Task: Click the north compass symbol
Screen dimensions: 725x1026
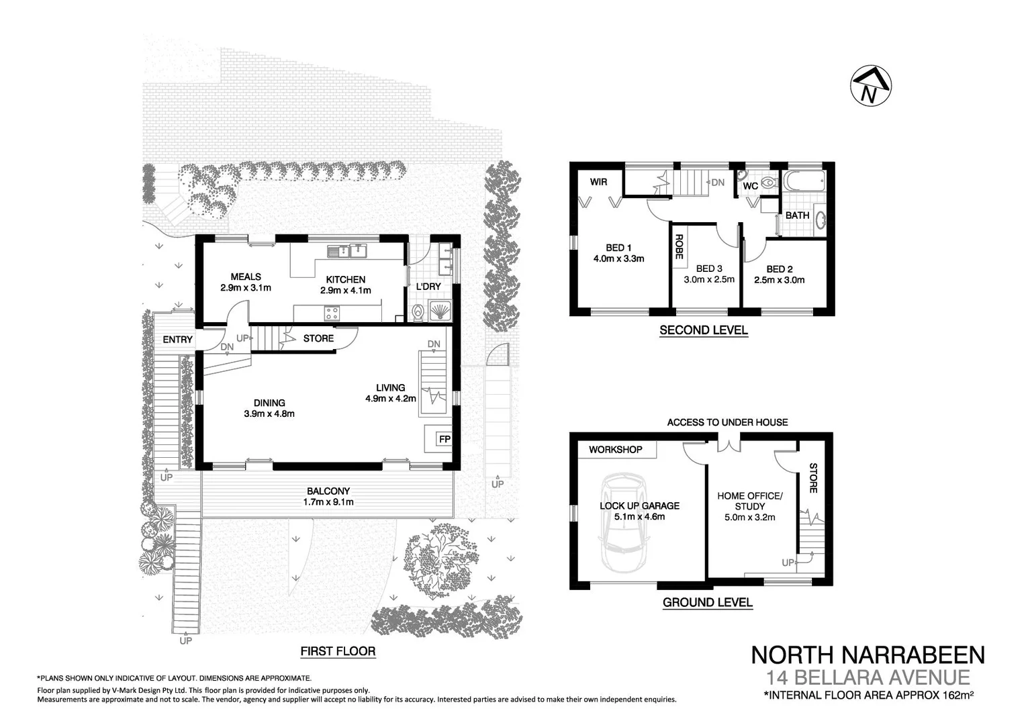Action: click(x=870, y=86)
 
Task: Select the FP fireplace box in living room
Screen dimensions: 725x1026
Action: click(x=444, y=439)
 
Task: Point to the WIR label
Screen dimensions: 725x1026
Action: click(x=598, y=182)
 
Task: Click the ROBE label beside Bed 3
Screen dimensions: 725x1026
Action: click(x=679, y=246)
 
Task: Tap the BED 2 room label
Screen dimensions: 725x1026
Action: click(x=780, y=269)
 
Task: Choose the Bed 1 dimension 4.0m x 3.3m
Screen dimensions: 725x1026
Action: click(x=618, y=258)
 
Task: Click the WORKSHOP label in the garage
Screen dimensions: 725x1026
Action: click(x=615, y=450)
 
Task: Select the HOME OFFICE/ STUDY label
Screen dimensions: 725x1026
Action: click(x=749, y=501)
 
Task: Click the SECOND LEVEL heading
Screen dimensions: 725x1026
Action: click(x=703, y=330)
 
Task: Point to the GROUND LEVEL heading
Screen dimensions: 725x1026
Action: click(x=707, y=602)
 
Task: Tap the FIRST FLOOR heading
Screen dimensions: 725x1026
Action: click(x=338, y=651)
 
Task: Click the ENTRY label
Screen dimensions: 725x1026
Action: click(x=177, y=340)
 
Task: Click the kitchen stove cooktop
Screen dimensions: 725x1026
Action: click(x=332, y=313)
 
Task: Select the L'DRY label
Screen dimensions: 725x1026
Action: click(x=428, y=287)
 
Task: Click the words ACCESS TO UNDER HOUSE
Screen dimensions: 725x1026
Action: click(x=727, y=422)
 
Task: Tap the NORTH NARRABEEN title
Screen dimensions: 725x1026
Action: click(x=868, y=655)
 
